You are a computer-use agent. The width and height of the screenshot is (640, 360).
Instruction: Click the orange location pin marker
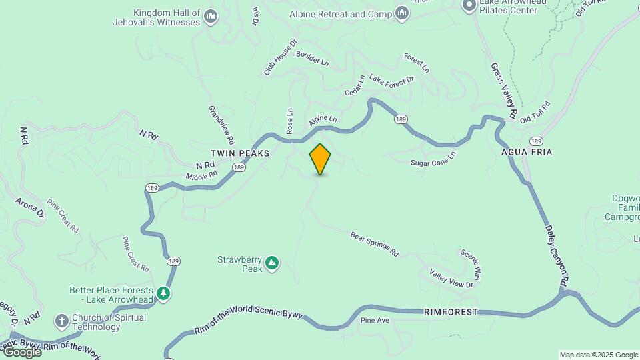point(320,159)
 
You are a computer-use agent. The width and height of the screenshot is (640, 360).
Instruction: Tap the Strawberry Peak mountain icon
point(272,263)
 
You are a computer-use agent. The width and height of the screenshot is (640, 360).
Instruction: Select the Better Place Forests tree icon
point(163,293)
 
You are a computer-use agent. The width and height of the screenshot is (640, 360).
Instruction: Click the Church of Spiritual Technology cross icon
point(62,321)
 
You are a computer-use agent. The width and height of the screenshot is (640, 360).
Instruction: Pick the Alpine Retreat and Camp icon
point(401,13)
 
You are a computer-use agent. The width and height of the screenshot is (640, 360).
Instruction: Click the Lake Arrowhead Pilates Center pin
point(469,5)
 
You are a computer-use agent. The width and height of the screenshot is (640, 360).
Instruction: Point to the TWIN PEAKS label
point(240,153)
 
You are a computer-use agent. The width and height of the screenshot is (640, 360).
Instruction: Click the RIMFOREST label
point(451,312)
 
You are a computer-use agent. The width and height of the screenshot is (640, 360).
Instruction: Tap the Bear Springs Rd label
point(374,244)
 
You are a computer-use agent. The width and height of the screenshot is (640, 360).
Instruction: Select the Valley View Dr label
point(451,279)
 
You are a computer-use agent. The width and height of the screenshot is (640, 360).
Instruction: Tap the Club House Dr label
point(280,59)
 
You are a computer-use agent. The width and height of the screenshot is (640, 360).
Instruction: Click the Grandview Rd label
point(221,125)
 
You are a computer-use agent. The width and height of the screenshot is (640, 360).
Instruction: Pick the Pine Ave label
point(374,321)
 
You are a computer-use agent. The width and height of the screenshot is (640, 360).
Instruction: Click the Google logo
point(22,351)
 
